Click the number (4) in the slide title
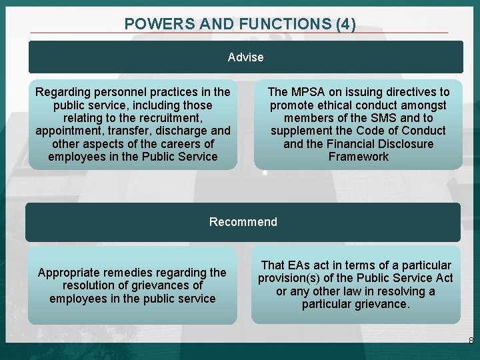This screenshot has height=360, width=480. click(x=346, y=25)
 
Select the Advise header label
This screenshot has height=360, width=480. click(x=245, y=57)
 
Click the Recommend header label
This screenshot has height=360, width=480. click(x=243, y=222)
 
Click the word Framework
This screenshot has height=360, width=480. click(x=358, y=157)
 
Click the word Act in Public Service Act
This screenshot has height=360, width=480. click(x=443, y=278)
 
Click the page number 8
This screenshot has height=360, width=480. click(x=471, y=341)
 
